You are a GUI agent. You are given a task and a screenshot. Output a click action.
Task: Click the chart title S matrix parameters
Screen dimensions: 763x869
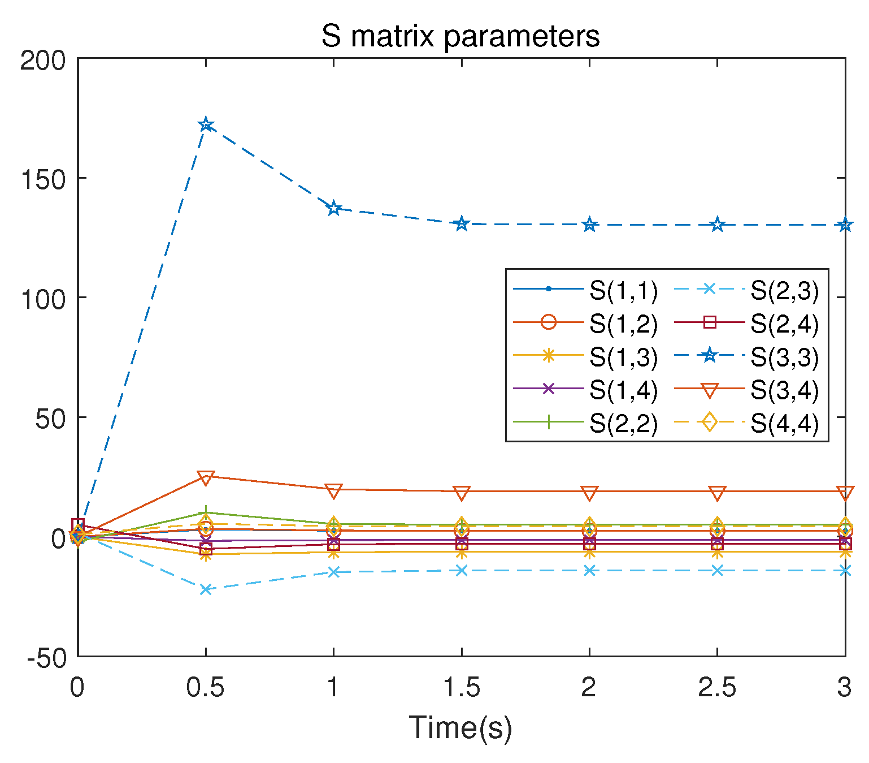(460, 36)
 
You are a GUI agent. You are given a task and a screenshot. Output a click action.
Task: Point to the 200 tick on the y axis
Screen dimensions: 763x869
(43, 61)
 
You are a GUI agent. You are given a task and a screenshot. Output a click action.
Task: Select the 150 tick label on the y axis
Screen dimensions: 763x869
(43, 179)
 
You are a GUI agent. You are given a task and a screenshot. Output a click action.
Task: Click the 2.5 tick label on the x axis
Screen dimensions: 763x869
(717, 688)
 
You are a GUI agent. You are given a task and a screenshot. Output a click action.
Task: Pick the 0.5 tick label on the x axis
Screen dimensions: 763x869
(206, 688)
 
